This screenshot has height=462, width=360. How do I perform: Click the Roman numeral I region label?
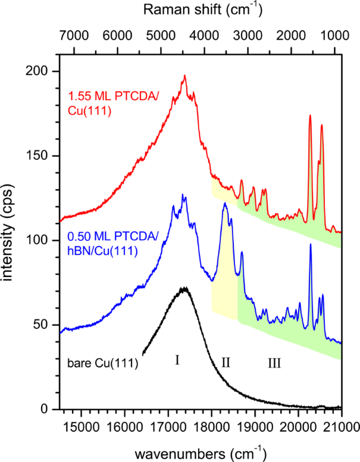(177, 360)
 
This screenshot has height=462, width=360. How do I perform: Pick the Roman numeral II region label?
(226, 362)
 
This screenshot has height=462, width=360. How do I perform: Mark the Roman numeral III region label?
(274, 362)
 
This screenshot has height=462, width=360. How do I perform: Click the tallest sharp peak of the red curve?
(310, 116)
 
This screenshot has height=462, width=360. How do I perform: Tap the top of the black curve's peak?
(184, 288)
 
